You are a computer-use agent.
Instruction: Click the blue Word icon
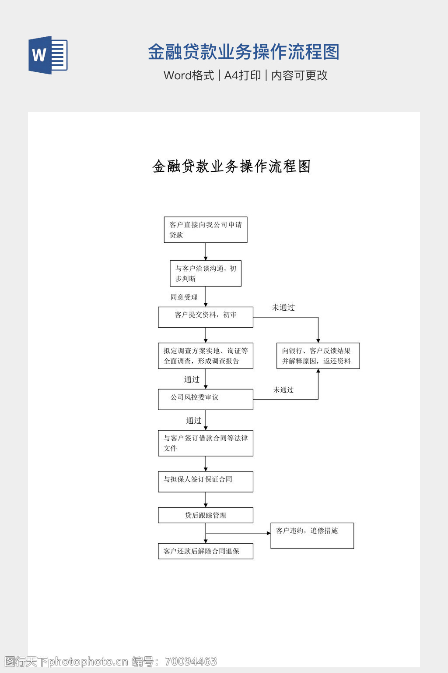[48, 55]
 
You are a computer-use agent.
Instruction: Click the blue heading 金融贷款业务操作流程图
[243, 52]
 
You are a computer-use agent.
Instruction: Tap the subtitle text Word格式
[189, 75]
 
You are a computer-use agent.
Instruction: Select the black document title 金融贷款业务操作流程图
[231, 166]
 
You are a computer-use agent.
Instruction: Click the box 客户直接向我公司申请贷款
[206, 230]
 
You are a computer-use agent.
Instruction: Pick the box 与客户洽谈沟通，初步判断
[206, 273]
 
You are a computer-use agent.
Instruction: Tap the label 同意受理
[184, 297]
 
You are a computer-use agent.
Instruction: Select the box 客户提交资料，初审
[206, 317]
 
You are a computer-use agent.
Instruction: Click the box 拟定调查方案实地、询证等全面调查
[206, 356]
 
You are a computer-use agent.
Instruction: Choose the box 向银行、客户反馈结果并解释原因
[318, 356]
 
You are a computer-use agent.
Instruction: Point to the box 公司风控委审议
[206, 399]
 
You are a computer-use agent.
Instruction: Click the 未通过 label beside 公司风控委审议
[283, 390]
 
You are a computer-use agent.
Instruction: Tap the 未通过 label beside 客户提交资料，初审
[283, 308]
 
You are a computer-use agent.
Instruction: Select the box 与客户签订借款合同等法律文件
[206, 443]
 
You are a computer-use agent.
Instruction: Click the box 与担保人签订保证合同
[206, 482]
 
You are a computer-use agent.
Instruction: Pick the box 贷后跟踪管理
[206, 515]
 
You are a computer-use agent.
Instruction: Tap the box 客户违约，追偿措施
[312, 535]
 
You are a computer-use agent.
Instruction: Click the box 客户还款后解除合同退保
[206, 551]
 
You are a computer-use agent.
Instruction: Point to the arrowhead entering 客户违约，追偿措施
[269, 533]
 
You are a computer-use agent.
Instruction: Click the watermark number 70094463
[191, 661]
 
